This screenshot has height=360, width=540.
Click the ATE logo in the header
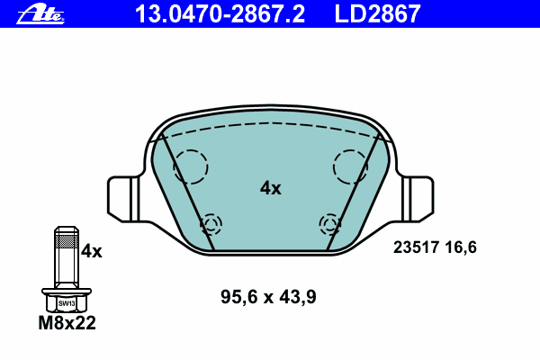(40, 14)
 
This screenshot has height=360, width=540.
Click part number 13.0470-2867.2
(220, 14)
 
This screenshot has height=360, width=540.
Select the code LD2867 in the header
(377, 14)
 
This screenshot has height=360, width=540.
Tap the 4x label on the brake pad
(270, 188)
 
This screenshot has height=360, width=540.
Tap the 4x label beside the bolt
(91, 251)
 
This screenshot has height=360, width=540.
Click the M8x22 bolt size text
(67, 323)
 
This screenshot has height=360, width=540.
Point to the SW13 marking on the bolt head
(67, 303)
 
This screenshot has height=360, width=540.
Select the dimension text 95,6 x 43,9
(268, 297)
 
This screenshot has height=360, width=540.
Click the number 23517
(416, 247)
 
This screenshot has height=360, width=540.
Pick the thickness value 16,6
(461, 247)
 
